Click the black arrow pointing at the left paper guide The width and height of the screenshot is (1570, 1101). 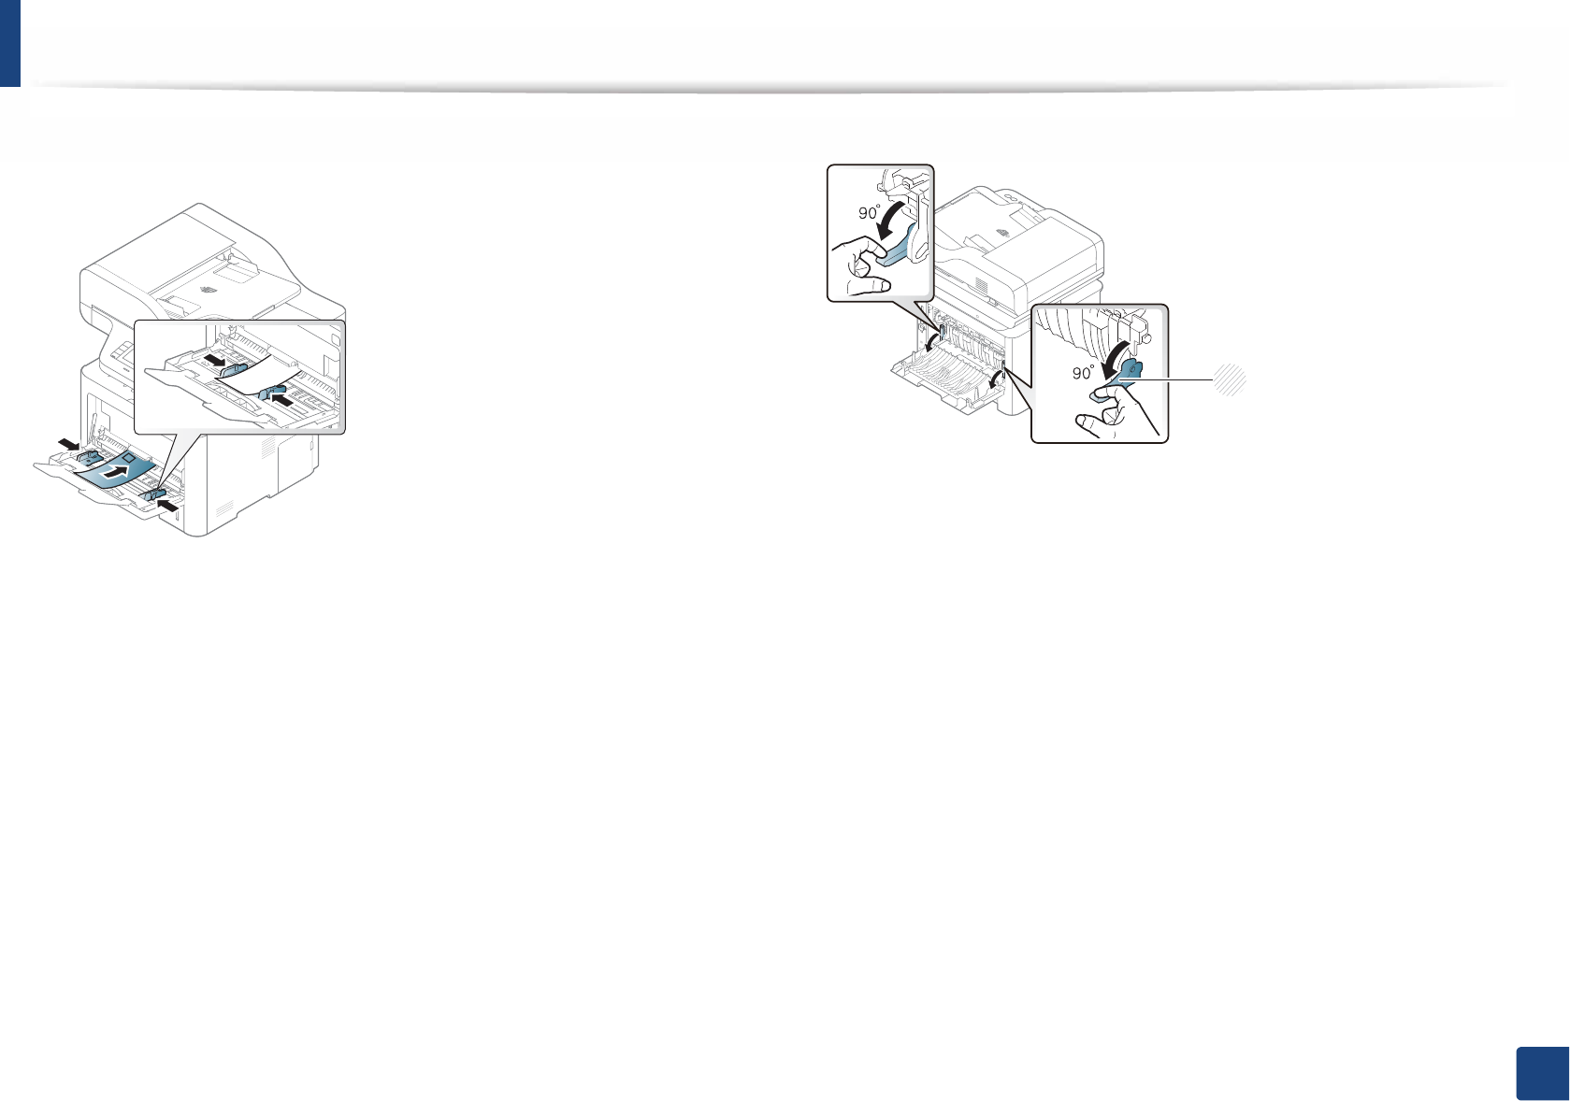click(x=68, y=442)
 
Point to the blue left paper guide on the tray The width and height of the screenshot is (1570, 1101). click(x=93, y=457)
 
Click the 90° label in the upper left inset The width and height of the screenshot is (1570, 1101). click(x=870, y=213)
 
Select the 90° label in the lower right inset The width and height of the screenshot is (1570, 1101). click(x=1083, y=373)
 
